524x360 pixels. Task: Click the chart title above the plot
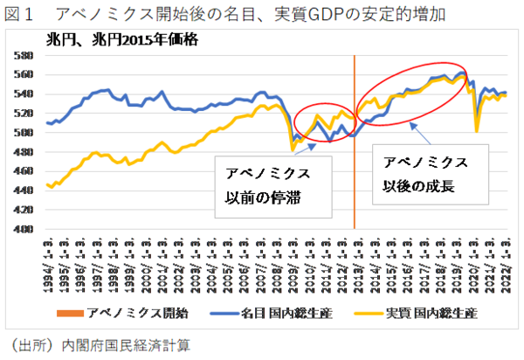coord(262,14)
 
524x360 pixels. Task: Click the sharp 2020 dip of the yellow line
coord(477,130)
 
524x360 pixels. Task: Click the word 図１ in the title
coord(19,14)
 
